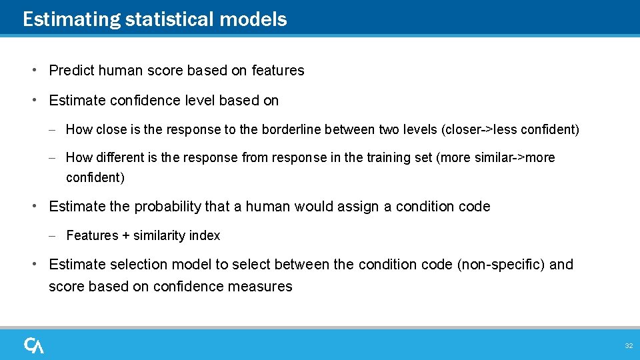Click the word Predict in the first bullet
(x=71, y=71)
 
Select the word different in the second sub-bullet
(x=119, y=158)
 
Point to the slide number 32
(x=628, y=346)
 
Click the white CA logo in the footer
(x=34, y=345)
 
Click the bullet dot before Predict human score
(x=33, y=70)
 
